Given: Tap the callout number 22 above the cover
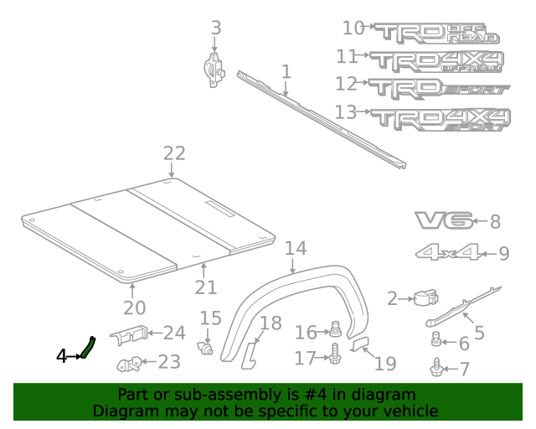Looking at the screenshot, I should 173,153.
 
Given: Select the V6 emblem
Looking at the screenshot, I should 441,221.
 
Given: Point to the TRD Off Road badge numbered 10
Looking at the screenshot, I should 435,32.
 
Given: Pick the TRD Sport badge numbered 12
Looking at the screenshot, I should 440,87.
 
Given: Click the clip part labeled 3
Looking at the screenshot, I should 215,66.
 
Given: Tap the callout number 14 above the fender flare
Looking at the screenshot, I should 295,249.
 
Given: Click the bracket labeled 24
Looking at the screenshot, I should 130,334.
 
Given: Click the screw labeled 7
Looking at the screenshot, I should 437,368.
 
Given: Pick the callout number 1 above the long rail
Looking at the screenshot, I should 286,72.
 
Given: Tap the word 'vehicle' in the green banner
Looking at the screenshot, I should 410,411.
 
